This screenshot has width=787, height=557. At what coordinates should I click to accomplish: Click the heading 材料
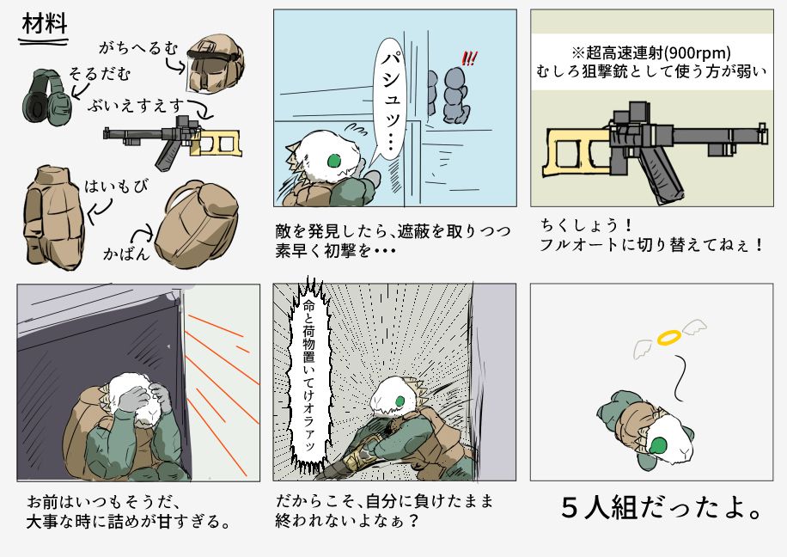coord(45,24)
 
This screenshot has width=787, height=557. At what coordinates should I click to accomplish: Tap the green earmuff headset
coord(46,96)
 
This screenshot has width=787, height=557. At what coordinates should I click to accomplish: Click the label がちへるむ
coord(138,48)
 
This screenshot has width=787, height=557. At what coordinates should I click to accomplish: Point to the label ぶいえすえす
coord(137,107)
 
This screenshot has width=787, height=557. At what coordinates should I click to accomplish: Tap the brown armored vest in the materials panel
coord(55,217)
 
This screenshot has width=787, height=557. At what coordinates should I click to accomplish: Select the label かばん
coord(126,253)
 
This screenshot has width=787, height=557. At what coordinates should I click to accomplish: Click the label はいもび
coord(116,186)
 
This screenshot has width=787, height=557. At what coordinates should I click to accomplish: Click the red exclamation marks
coord(469,59)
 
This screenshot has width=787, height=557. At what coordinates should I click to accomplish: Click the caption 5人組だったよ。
coord(661,508)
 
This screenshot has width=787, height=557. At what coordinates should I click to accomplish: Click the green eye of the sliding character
coord(400,401)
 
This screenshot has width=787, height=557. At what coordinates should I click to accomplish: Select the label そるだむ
coord(100,74)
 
